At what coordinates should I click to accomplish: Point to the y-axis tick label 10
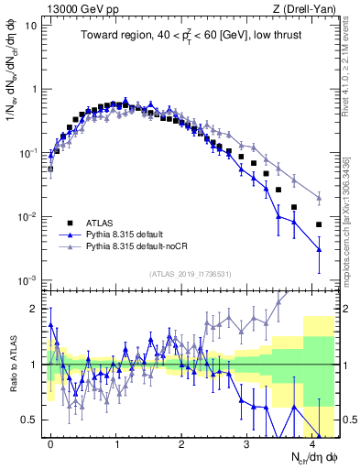click(x=29, y=25)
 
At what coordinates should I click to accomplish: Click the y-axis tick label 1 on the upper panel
click(x=33, y=89)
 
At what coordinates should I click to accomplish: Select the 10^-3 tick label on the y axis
click(x=27, y=280)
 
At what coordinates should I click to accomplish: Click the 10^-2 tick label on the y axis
click(x=27, y=217)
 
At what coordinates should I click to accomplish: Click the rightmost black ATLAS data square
click(x=319, y=224)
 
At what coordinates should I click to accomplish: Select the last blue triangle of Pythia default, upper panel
click(x=319, y=249)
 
